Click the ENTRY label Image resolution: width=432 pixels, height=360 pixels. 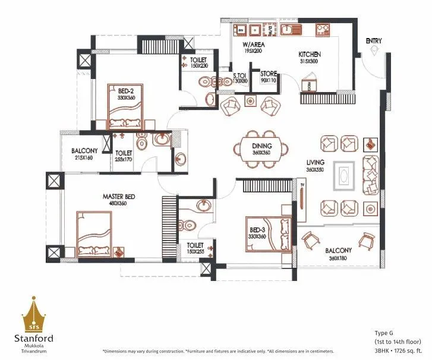(374, 41)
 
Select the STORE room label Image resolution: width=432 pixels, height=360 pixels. (269, 74)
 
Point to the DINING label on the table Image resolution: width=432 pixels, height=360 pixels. (261, 146)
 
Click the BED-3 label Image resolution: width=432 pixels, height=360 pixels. (257, 230)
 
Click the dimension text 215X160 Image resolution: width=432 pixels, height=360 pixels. (84, 159)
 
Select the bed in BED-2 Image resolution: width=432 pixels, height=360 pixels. (125, 107)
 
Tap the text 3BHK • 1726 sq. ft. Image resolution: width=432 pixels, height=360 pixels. (396, 351)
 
